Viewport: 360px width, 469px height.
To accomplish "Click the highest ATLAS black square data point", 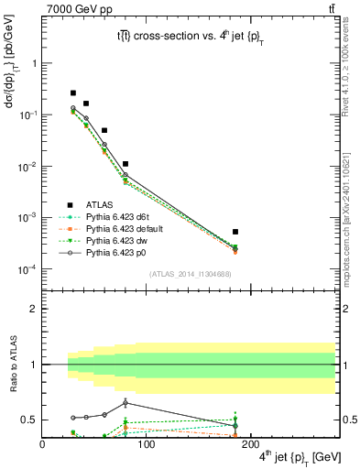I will [x=73, y=93].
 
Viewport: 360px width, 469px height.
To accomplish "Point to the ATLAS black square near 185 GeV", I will [x=235, y=232].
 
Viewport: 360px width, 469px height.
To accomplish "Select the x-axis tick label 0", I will [x=42, y=444].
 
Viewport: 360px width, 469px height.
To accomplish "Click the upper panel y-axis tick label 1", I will [x=34, y=63].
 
